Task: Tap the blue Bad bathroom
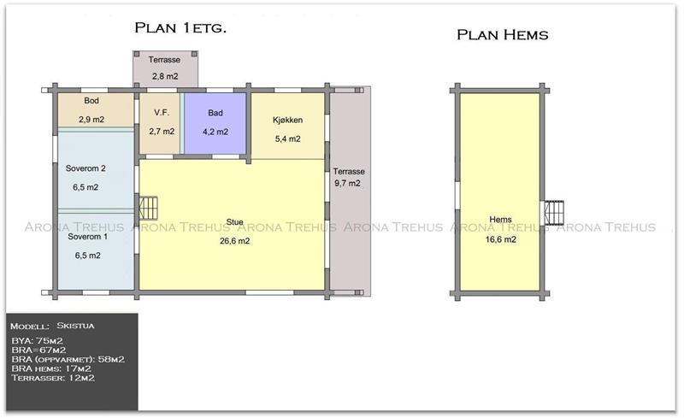(215, 123)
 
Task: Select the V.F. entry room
(160, 123)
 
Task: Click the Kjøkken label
(287, 120)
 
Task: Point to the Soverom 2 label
(85, 168)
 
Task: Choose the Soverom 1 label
(88, 237)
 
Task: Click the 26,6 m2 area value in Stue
(234, 241)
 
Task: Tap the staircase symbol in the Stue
(148, 208)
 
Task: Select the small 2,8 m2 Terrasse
(165, 69)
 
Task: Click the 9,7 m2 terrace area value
(348, 183)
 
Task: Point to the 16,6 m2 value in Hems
(501, 239)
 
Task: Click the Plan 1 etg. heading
(180, 28)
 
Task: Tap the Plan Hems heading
(503, 35)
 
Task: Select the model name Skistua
(75, 326)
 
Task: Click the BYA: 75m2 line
(37, 341)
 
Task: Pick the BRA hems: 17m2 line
(51, 368)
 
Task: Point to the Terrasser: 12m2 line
(53, 378)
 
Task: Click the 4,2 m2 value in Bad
(215, 132)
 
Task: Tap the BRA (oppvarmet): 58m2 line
(68, 360)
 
